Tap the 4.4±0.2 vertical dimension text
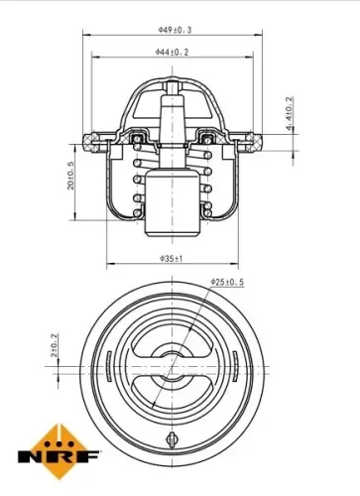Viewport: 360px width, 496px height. coord(289,118)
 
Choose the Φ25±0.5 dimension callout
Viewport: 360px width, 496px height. coord(227,283)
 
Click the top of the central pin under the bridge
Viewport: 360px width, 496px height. coord(173,87)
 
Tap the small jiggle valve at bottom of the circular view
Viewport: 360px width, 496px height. coord(171,438)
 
